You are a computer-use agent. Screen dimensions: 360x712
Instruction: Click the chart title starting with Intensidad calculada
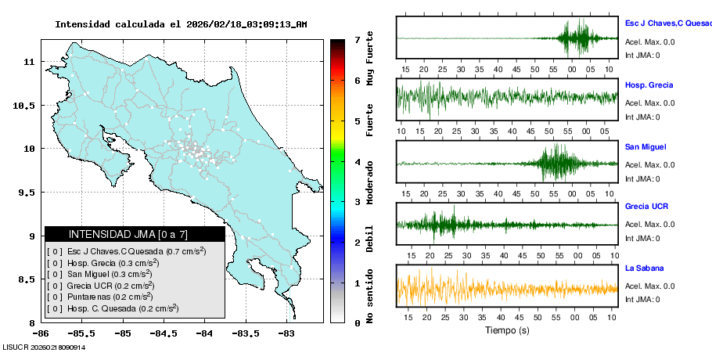pyautogui.click(x=181, y=24)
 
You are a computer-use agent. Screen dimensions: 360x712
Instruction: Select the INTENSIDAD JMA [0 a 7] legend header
pyautogui.click(x=135, y=234)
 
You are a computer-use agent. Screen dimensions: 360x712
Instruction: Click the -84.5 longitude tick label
pyautogui.click(x=164, y=333)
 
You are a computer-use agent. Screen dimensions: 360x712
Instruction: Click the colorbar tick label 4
pyautogui.click(x=357, y=162)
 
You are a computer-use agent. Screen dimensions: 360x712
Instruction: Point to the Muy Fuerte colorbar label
pyautogui.click(x=370, y=59)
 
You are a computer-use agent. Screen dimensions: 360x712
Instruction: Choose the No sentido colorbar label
pyautogui.click(x=370, y=297)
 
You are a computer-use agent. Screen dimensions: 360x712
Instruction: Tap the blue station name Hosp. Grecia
pyautogui.click(x=649, y=85)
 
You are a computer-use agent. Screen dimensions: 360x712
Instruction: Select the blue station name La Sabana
pyautogui.click(x=645, y=268)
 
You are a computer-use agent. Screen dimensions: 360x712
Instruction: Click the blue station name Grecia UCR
pyautogui.click(x=646, y=207)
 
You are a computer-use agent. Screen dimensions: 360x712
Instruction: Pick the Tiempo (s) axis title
pyautogui.click(x=507, y=330)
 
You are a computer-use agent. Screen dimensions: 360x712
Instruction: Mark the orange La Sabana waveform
pyautogui.click(x=507, y=286)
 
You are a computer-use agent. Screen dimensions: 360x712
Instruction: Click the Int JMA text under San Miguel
pyautogui.click(x=642, y=178)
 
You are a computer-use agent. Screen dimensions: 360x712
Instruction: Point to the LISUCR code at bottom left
pyautogui.click(x=44, y=347)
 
